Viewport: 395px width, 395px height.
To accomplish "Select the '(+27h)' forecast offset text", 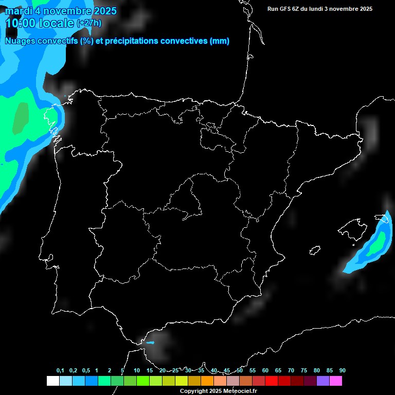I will (x=89, y=23).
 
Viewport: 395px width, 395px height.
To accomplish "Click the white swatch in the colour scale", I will (x=52, y=381).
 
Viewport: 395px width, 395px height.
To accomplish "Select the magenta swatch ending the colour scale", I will (x=336, y=381).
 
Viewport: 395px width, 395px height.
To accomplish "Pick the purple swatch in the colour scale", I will (x=323, y=381).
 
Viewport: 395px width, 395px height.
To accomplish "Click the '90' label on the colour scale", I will (x=342, y=371).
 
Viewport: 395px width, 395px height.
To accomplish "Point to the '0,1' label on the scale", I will (x=60, y=371).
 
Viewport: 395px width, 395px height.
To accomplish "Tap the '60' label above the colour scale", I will (x=265, y=371).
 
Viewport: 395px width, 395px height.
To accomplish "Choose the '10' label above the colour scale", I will (x=136, y=371).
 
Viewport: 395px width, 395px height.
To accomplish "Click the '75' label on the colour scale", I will (x=303, y=371).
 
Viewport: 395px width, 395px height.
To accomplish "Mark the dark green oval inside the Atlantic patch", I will (x=21, y=118).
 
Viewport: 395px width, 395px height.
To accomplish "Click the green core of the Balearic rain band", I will (x=377, y=243).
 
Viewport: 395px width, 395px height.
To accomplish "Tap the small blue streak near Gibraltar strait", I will (x=150, y=342).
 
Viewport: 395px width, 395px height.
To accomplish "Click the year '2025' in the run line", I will (x=366, y=9).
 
